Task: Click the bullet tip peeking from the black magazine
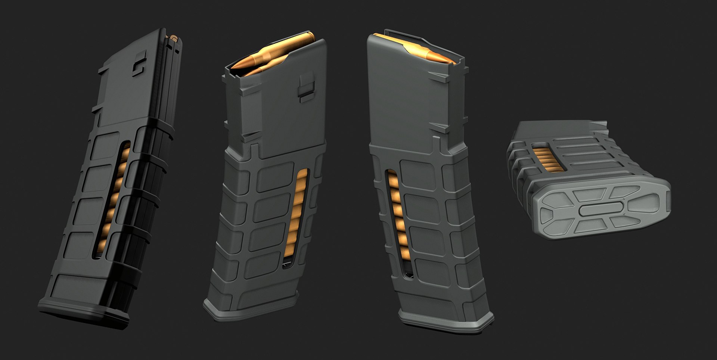click(x=173, y=37)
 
